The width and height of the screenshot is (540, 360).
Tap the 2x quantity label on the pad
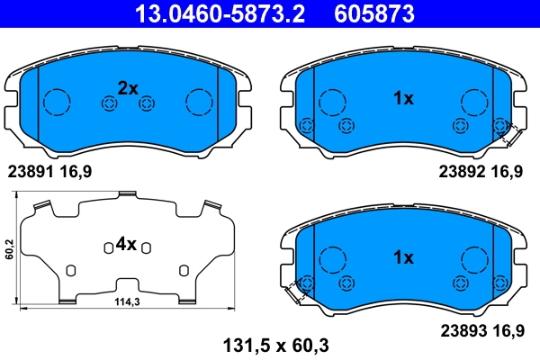coord(128,88)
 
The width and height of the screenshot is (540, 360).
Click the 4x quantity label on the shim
coord(125,244)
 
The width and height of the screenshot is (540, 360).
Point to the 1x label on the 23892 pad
coord(402,99)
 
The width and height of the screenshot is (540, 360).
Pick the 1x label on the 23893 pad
coord(402,257)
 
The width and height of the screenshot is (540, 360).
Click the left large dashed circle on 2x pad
coord(58,102)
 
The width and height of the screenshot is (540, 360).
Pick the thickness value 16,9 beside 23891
coord(77,170)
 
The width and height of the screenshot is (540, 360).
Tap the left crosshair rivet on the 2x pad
coord(109,104)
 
